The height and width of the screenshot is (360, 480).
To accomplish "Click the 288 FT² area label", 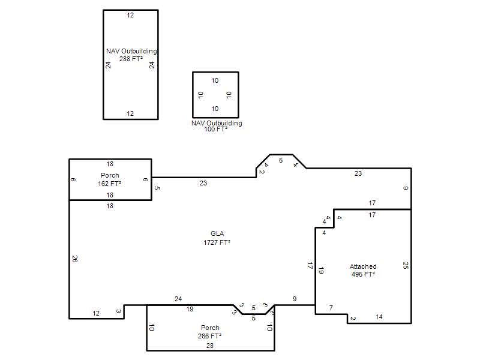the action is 131,59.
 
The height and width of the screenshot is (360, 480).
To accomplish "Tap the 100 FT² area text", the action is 216,129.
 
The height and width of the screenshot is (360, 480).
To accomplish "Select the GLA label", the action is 217,233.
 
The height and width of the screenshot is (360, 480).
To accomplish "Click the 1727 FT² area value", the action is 217,242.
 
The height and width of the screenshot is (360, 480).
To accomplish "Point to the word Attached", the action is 363,266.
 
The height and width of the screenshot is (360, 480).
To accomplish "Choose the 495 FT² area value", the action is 363,274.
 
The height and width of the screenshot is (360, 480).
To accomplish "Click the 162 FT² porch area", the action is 110,184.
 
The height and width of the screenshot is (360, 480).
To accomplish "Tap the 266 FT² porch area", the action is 209,336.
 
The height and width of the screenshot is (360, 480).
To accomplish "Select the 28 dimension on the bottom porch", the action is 209,346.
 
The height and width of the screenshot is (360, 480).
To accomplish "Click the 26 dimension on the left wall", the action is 75,259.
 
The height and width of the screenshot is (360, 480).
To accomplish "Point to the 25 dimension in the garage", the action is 406,265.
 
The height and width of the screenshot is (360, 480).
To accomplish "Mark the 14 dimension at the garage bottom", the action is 379,317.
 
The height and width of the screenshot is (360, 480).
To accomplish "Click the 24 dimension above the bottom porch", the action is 178,299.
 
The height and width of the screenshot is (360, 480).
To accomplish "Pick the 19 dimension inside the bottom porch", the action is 190,309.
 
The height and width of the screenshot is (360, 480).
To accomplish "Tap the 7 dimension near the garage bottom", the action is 331,308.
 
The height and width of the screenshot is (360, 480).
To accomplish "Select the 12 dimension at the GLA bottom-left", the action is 96,313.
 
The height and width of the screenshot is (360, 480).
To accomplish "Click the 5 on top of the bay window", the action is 281,160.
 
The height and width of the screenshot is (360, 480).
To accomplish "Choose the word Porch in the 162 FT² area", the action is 110,175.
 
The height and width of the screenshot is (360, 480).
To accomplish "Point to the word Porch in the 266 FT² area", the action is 210,328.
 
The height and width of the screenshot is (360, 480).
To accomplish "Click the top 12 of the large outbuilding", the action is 130,16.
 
